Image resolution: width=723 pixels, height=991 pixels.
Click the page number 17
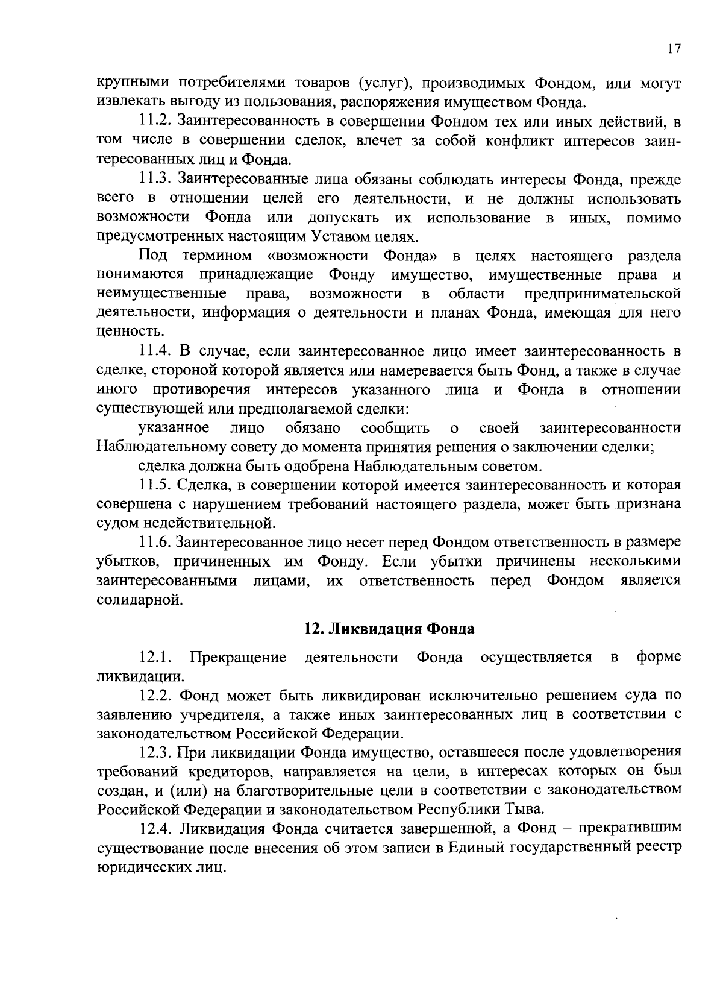(x=674, y=50)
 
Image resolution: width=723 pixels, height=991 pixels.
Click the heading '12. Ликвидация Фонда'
(x=389, y=629)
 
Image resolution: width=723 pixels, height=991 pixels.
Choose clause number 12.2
(x=155, y=696)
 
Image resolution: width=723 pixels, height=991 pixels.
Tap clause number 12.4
(x=155, y=829)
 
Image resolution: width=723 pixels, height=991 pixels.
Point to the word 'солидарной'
(x=137, y=600)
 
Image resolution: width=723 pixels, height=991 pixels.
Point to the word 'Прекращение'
(x=238, y=658)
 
